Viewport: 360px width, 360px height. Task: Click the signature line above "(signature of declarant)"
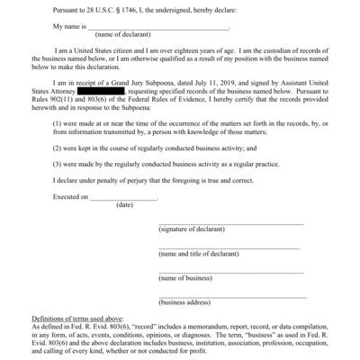(x=229, y=223)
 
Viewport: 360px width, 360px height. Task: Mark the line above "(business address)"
(x=231, y=296)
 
